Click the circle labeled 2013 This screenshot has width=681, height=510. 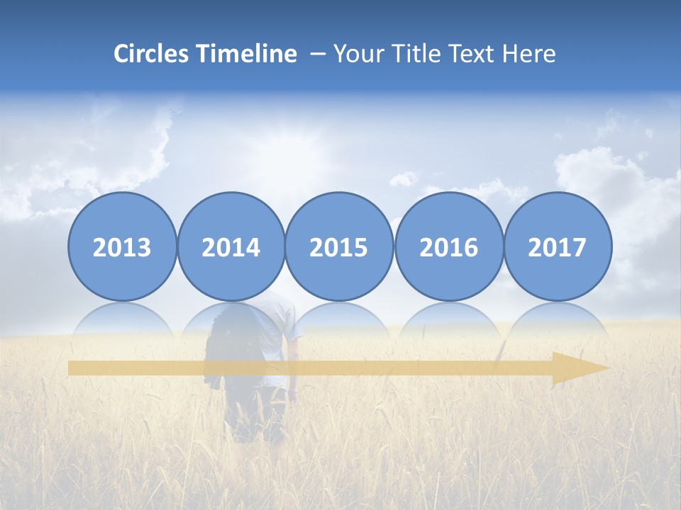[122, 246]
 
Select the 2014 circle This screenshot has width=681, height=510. [231, 246]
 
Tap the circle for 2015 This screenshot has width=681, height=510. [339, 246]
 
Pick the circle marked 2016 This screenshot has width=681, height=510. [448, 246]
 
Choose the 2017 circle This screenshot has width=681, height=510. [557, 246]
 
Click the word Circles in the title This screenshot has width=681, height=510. [152, 54]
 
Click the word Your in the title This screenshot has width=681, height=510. [355, 54]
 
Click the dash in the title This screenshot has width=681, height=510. [317, 54]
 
